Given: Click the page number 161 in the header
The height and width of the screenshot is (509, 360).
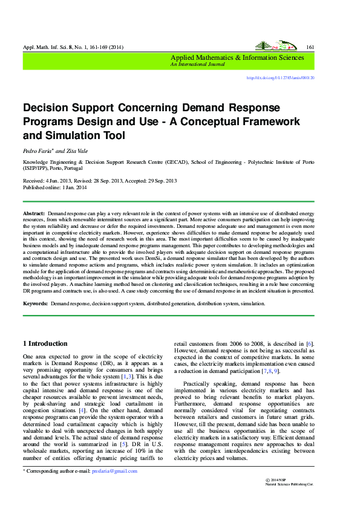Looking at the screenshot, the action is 310,47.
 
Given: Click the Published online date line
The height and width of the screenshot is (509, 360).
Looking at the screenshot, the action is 55,188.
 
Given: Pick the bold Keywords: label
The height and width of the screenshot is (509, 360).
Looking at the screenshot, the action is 36,303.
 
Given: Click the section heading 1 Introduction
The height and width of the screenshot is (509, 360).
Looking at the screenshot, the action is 45,343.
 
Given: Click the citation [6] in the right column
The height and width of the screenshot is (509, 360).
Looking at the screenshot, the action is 309,343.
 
